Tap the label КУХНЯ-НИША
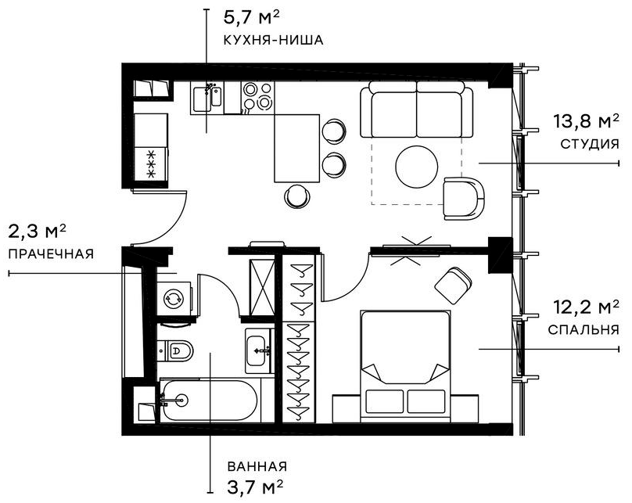(273, 40)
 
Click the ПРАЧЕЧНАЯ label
(51, 254)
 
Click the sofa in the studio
(416, 111)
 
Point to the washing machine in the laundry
(173, 298)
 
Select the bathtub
(208, 400)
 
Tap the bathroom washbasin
(259, 352)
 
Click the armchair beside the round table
(463, 198)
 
